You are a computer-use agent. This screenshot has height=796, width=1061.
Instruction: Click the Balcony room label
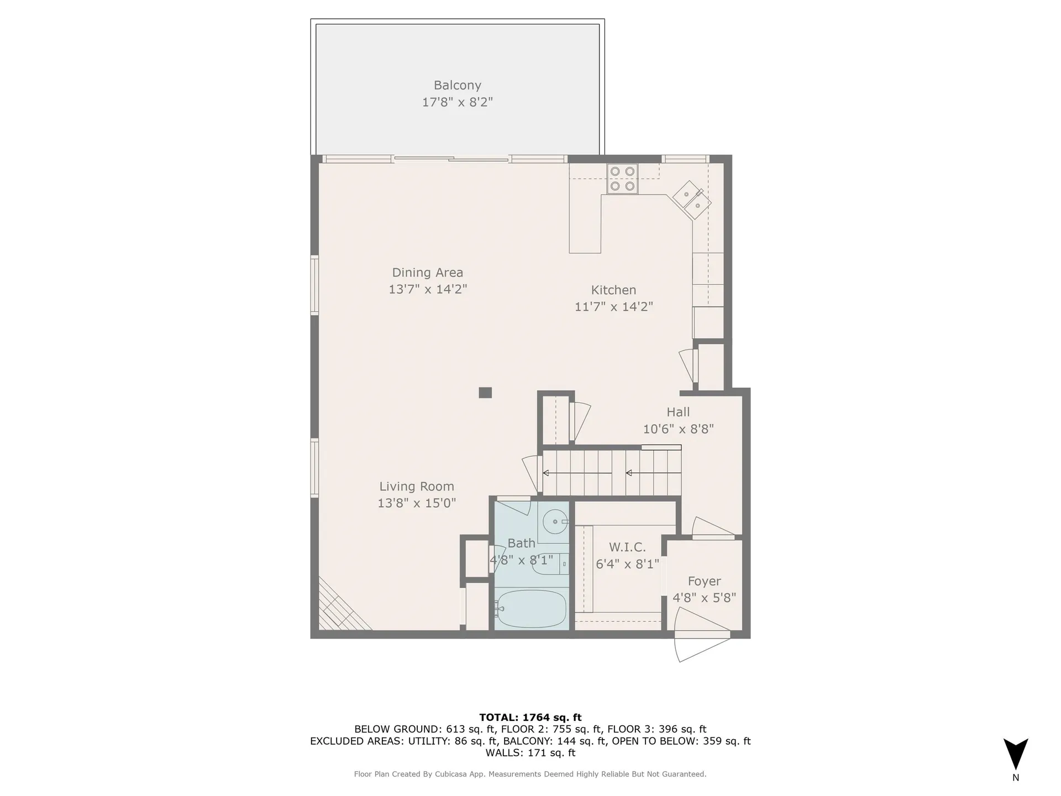(457, 85)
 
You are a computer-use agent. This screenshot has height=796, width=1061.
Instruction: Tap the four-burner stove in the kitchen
(622, 179)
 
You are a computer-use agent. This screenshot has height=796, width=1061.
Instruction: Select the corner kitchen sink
(692, 200)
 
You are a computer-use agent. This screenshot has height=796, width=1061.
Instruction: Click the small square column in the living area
(485, 392)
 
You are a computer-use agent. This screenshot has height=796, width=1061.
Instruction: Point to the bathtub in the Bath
(530, 609)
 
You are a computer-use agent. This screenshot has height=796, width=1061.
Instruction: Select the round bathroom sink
(554, 521)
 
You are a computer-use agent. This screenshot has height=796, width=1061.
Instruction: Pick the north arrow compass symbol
(1016, 755)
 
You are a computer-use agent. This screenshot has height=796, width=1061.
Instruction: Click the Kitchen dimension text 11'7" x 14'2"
(613, 307)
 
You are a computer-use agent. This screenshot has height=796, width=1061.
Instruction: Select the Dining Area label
(427, 273)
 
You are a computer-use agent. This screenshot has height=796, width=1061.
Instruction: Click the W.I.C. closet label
(627, 547)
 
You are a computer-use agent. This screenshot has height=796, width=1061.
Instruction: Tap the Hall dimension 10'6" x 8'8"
(678, 429)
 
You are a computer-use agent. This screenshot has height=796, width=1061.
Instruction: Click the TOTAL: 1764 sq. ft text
(530, 718)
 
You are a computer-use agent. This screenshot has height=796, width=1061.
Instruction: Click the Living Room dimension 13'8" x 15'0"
(417, 503)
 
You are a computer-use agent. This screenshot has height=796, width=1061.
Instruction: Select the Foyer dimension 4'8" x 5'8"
(704, 598)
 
